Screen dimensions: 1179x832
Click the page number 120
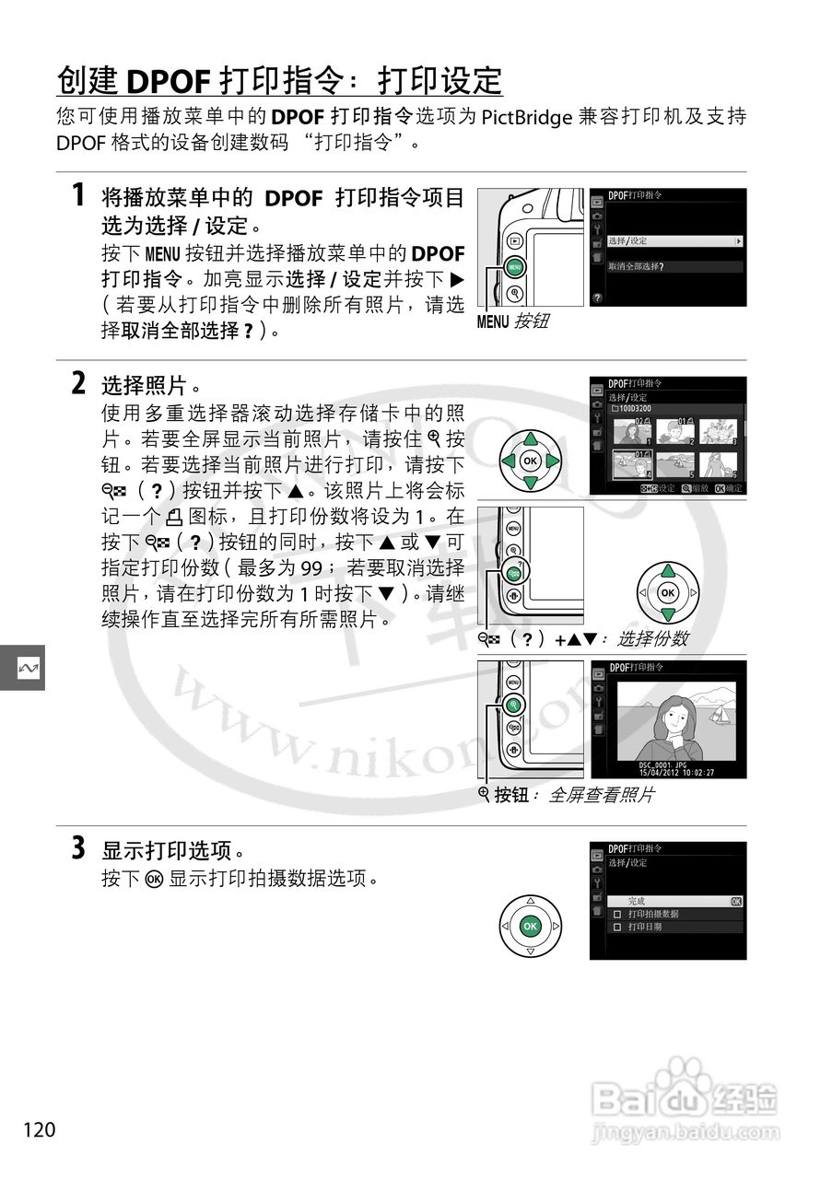pyautogui.click(x=40, y=1129)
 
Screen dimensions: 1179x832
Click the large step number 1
pyautogui.click(x=80, y=195)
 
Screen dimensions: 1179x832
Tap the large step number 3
pyautogui.click(x=80, y=847)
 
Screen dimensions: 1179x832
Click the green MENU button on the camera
pyautogui.click(x=513, y=268)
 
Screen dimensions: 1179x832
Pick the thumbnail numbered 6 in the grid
pyautogui.click(x=721, y=466)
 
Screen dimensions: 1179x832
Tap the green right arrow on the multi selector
pyautogui.click(x=553, y=461)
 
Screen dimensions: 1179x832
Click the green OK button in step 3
pyautogui.click(x=529, y=926)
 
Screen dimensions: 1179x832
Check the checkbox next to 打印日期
pyautogui.click(x=617, y=928)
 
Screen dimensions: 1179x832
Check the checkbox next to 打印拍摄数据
pyautogui.click(x=617, y=914)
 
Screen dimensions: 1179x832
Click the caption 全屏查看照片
pyautogui.click(x=601, y=796)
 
